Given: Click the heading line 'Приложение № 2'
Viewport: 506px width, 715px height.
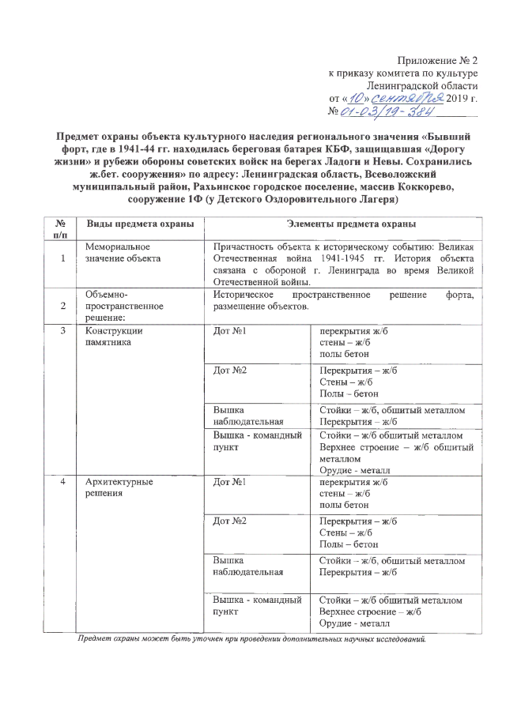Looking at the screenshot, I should (440, 61).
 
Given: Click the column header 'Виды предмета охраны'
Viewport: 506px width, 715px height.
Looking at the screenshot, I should (140, 224).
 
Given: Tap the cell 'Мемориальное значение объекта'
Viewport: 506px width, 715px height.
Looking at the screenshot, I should (123, 253).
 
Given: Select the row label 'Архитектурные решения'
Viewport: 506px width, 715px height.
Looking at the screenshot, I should (119, 487).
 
